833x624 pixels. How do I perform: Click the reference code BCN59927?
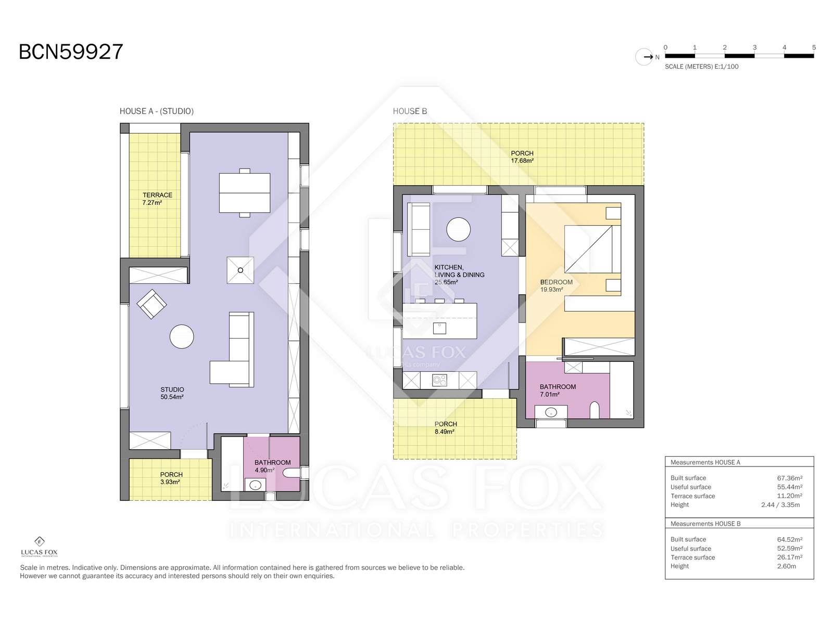71,51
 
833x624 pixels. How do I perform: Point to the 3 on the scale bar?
754,47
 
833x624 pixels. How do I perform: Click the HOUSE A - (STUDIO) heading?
156,111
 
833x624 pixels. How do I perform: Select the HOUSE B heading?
410,111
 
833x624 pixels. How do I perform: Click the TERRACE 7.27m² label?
157,199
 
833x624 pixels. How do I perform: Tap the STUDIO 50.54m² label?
172,393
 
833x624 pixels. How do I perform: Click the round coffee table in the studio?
182,336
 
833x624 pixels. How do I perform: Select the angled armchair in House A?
152,304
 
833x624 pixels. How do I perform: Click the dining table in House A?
244,193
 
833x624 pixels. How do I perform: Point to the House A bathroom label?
272,466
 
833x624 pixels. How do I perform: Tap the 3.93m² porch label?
170,482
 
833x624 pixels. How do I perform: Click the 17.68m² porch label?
522,161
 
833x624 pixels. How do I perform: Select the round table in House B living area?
459,229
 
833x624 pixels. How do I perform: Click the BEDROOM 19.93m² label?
556,285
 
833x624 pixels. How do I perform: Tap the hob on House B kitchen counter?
439,380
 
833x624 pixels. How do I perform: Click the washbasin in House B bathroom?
551,412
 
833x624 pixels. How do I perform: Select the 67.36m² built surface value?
789,478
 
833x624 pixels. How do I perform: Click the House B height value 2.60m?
786,566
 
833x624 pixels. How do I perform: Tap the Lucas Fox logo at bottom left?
39,547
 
